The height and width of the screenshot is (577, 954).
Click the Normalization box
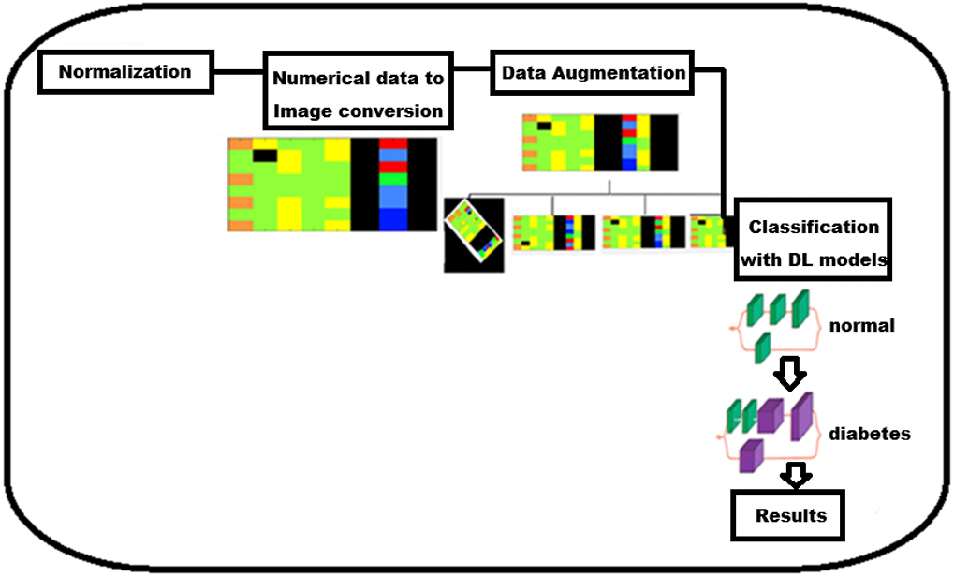tap(126, 72)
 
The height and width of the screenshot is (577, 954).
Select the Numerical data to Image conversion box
tap(359, 91)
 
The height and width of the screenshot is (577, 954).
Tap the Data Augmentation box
tap(593, 72)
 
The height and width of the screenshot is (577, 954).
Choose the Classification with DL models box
tap(813, 239)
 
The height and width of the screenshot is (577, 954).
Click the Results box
tap(788, 515)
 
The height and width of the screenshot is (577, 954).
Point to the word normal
tap(862, 326)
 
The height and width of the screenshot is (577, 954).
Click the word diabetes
tap(870, 434)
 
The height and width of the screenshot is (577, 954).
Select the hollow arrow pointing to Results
tap(796, 475)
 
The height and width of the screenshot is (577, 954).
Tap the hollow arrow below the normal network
tap(790, 373)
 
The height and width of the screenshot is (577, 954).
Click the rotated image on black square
tap(474, 235)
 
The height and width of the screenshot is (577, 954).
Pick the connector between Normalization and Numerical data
tap(239, 72)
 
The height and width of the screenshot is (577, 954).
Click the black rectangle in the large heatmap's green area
tap(265, 155)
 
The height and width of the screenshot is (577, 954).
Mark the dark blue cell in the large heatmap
tap(393, 220)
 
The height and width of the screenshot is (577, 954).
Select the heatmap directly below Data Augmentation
tap(600, 143)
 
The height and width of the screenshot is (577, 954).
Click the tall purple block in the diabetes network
tap(802, 416)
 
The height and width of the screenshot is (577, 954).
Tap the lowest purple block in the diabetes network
tap(752, 456)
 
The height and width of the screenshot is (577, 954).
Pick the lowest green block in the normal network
tap(762, 348)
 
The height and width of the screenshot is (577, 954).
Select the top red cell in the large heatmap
tap(393, 143)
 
